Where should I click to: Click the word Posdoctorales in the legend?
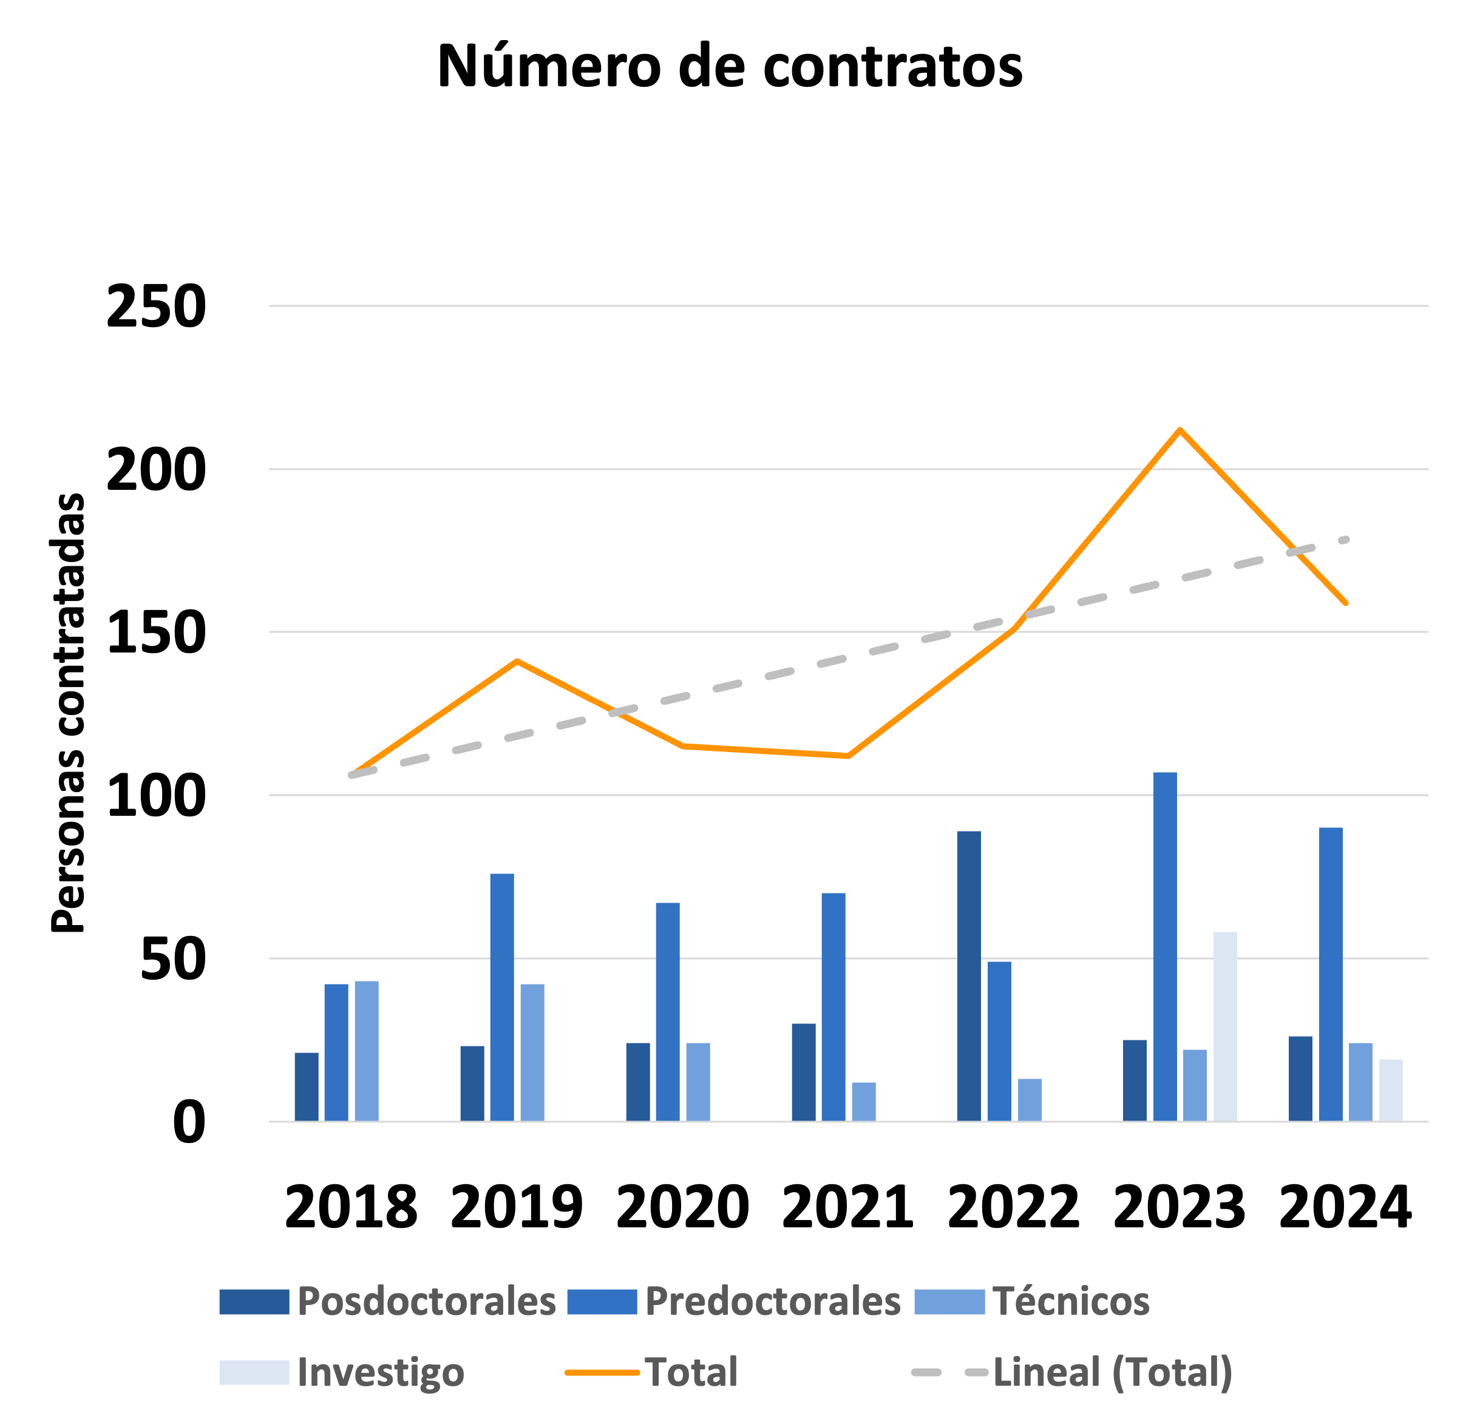coord(426,1301)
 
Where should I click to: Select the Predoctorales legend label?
coord(773,1301)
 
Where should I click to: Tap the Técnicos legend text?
coord(1071,1301)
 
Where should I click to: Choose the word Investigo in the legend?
coord(381,1372)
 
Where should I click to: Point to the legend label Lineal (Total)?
coord(1112,1372)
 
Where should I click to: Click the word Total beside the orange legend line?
coord(691,1372)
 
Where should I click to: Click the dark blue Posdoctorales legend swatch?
coord(254,1302)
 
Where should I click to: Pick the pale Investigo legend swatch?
coord(254,1372)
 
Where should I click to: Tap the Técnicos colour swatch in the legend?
coord(949,1302)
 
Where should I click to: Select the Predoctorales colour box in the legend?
coord(602,1302)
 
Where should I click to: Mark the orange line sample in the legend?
coord(602,1373)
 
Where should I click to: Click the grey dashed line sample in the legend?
coord(949,1373)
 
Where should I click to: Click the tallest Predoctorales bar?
coord(1164,946)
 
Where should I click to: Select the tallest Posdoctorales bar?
coord(969,975)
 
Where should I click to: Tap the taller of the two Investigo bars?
coord(1224,1026)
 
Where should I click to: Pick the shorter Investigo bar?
coord(1390,1090)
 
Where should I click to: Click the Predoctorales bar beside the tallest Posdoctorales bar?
coord(999,1041)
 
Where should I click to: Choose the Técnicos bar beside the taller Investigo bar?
coord(1195,1085)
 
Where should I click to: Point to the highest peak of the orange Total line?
coord(1180,429)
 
